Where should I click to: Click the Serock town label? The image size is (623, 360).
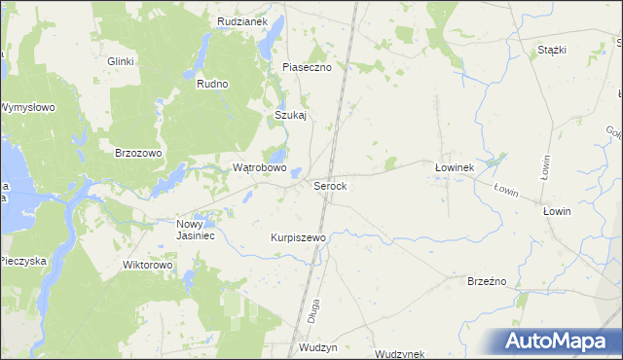tap(330, 185)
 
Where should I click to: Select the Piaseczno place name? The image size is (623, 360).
tap(307, 67)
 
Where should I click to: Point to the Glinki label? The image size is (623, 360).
tap(121, 59)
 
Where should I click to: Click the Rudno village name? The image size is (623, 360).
tap(211, 84)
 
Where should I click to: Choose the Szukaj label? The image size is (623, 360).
tap(290, 115)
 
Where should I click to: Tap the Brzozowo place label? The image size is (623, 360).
tap(138, 153)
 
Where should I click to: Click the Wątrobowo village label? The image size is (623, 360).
tap(259, 167)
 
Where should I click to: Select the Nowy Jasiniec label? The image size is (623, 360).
tap(195, 229)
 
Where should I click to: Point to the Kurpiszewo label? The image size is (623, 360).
tap(297, 236)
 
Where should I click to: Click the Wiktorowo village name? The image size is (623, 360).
tap(147, 264)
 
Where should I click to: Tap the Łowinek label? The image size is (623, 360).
tap(453, 167)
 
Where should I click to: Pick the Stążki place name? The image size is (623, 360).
tap(551, 50)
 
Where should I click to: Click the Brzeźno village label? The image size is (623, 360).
tap(489, 280)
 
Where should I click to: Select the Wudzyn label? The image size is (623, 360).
tap(318, 347)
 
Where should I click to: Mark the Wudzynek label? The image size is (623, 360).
tap(399, 354)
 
